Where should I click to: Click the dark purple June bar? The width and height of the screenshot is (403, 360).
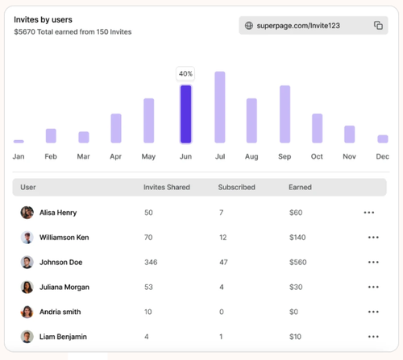point(185,114)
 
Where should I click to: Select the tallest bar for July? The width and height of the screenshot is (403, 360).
point(220,107)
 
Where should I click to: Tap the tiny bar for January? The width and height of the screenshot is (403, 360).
point(19,142)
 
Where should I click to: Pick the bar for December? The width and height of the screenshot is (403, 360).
point(383,139)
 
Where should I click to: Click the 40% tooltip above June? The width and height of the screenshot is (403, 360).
point(185,73)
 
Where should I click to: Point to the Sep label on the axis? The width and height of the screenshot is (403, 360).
point(285,156)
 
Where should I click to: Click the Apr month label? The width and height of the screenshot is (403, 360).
point(115,156)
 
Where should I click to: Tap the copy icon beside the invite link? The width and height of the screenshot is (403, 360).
point(378,25)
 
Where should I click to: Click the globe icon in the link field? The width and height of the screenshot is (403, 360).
point(249,26)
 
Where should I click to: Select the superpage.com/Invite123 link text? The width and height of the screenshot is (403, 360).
point(298,26)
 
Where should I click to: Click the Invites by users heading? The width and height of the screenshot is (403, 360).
point(43,19)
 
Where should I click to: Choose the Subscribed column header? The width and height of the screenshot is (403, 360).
point(236,187)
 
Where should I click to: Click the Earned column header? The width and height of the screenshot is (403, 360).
point(300,187)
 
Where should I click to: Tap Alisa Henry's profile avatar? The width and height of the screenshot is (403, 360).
point(27,213)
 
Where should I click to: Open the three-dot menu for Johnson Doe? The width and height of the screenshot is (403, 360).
point(373,262)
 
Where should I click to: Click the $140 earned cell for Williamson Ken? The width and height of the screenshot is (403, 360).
point(297,238)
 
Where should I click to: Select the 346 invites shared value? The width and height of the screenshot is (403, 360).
point(151,262)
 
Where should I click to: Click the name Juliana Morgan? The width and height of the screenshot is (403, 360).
point(64,287)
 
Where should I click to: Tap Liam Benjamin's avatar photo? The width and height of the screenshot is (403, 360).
point(27,337)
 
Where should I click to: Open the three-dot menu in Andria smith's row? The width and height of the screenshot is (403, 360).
point(373,312)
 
